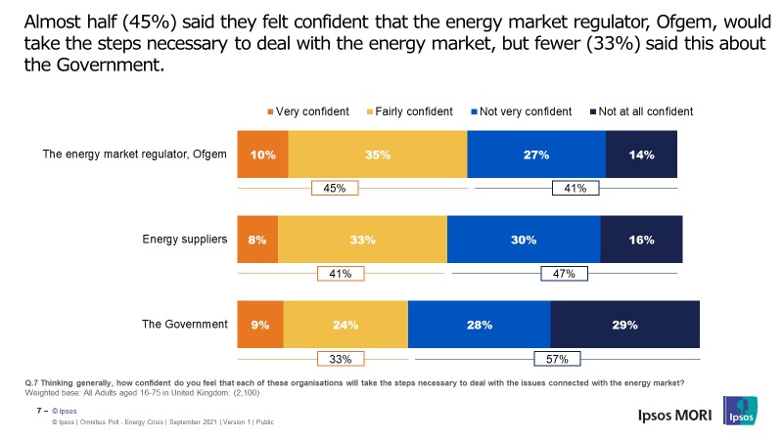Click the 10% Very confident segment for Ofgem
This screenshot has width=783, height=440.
[262, 154]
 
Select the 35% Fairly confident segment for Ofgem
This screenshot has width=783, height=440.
[378, 154]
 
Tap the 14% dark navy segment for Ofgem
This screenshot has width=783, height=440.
[641, 154]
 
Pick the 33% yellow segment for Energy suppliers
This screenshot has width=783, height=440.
[362, 240]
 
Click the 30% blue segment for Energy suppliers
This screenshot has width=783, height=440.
[523, 240]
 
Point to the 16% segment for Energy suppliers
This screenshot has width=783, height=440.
[641, 240]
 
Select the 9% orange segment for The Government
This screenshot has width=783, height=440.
[260, 325]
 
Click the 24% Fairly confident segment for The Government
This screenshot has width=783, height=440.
[345, 325]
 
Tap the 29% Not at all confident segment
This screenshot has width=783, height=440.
[625, 325]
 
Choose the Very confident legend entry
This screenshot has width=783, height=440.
[306, 111]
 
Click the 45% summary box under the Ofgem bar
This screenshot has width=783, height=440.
[335, 189]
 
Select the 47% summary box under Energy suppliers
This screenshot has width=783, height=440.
[565, 274]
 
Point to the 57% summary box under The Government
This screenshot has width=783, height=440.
[556, 359]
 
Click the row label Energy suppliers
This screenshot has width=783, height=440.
[186, 239]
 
